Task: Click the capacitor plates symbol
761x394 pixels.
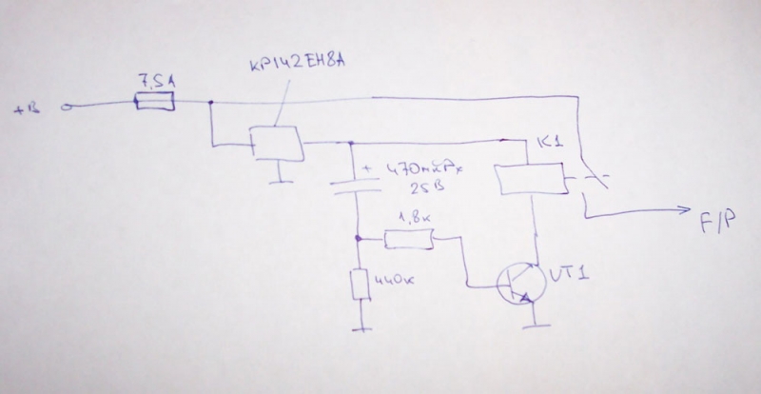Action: coord(355,184)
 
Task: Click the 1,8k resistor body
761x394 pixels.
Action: coord(410,240)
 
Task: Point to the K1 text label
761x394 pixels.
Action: coord(550,144)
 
